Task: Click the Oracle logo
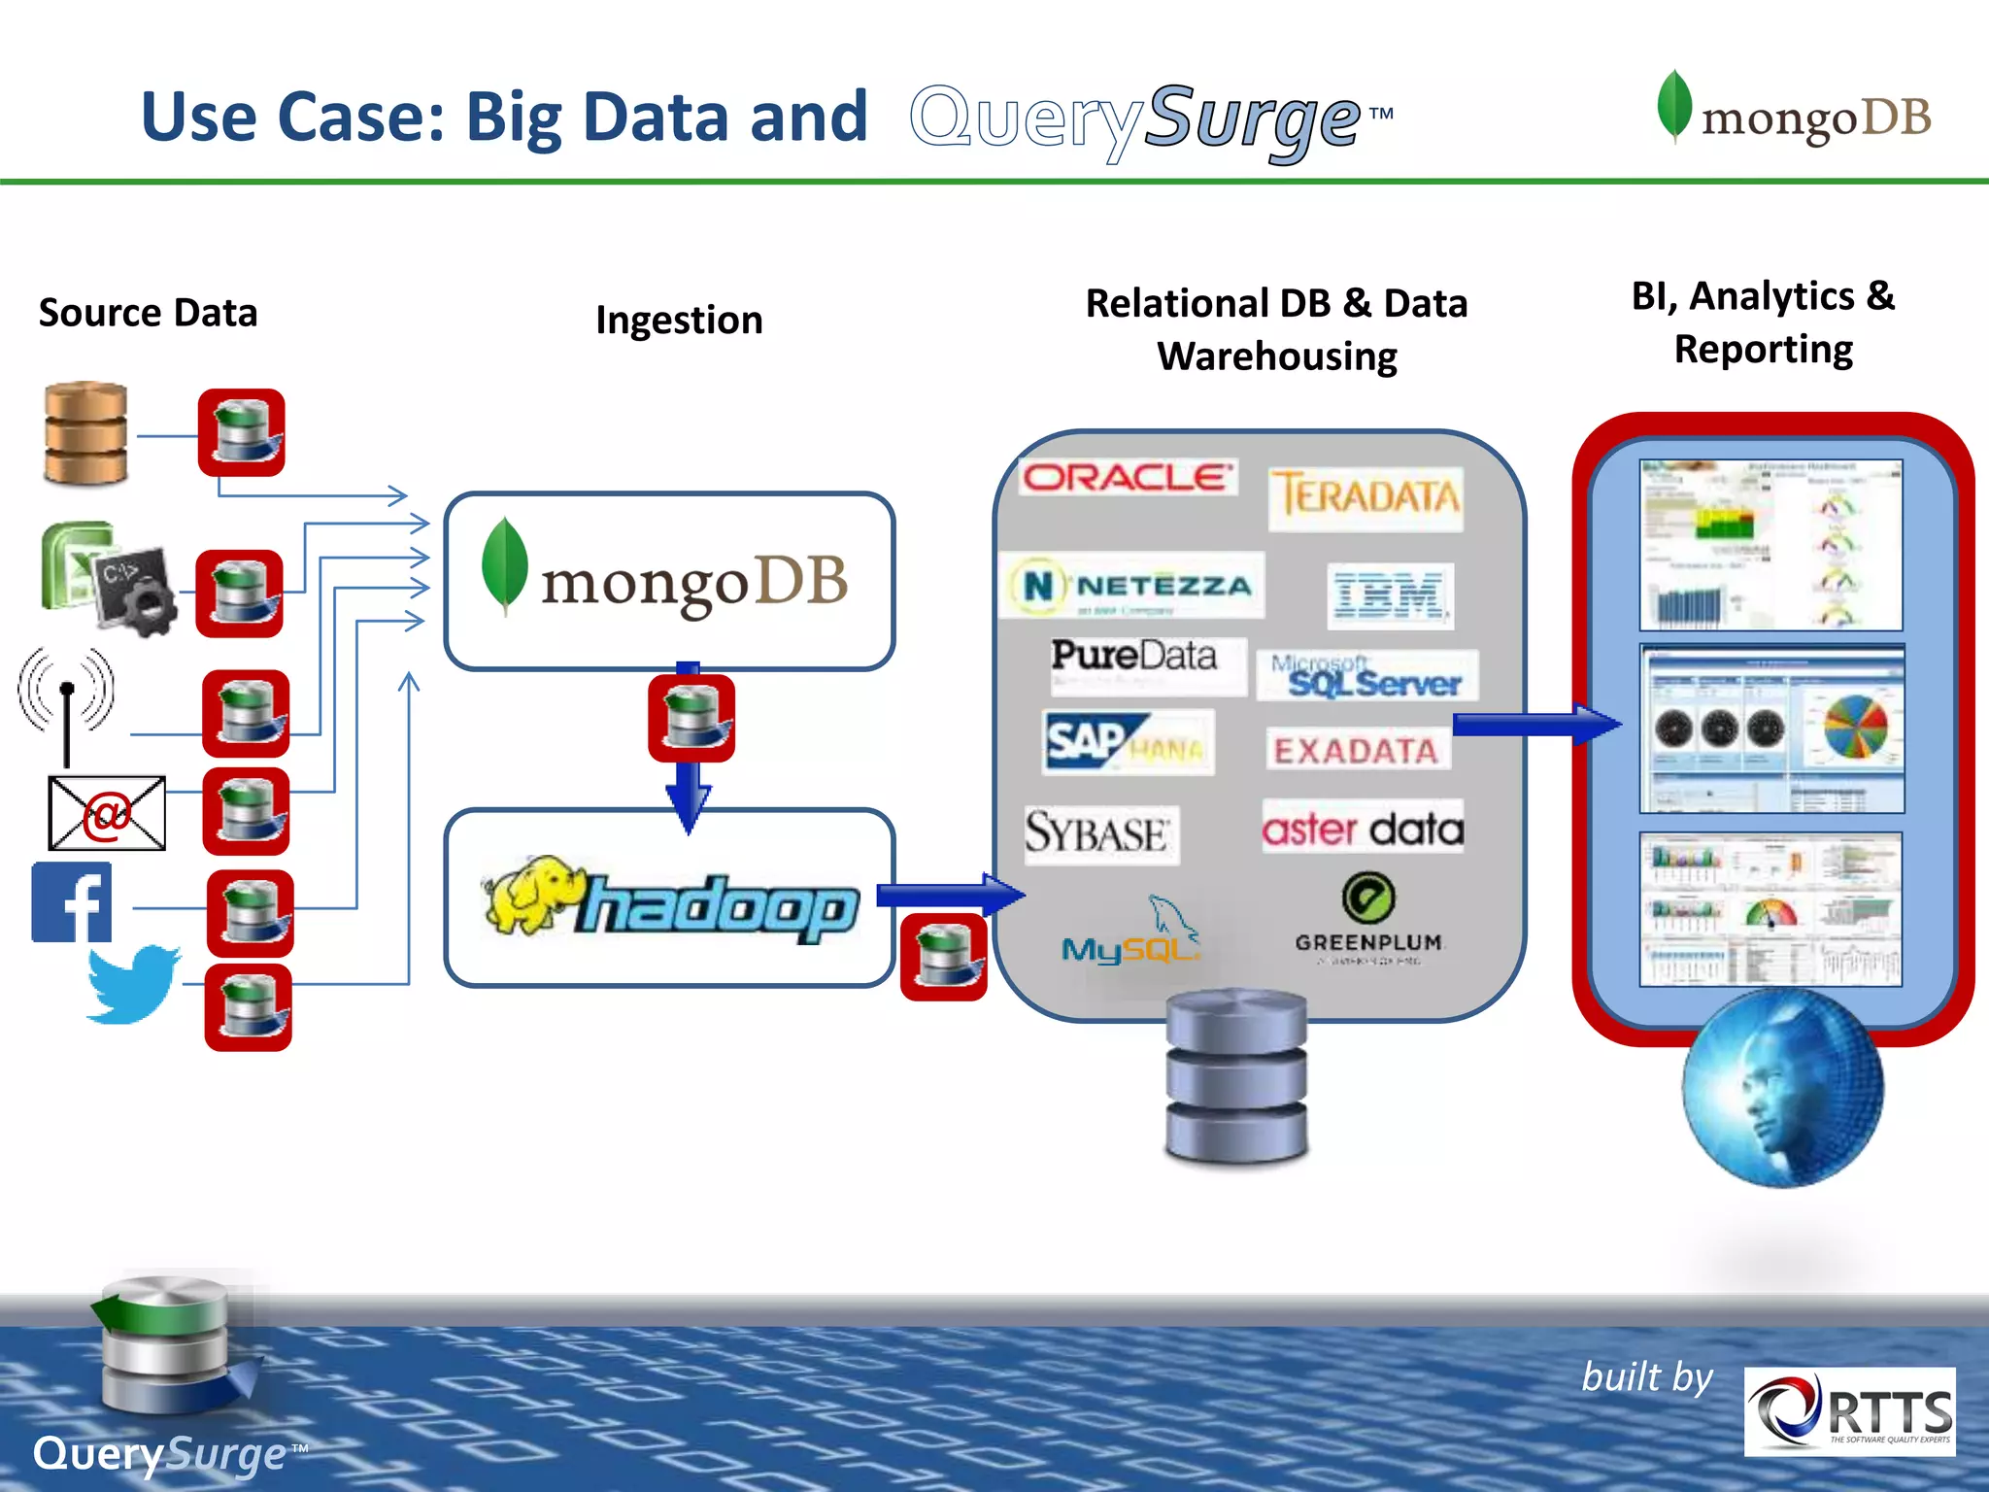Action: pyautogui.click(x=1128, y=477)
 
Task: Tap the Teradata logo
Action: pyautogui.click(x=1365, y=497)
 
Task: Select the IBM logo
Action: pyautogui.click(x=1389, y=595)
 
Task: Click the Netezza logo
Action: pyautogui.click(x=1132, y=586)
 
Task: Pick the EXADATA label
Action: pyautogui.click(x=1356, y=750)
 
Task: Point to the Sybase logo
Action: pyautogui.click(x=1098, y=833)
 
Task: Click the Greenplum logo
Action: pyautogui.click(x=1368, y=918)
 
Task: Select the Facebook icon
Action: pyautogui.click(x=72, y=902)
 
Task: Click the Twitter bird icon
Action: pyautogui.click(x=133, y=983)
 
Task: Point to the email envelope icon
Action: pyautogui.click(x=107, y=813)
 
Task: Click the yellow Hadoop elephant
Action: pyautogui.click(x=529, y=894)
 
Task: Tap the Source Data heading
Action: pyautogui.click(x=148, y=313)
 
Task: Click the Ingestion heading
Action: pyautogui.click(x=679, y=320)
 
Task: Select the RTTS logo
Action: pyautogui.click(x=1849, y=1411)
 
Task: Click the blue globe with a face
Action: pyautogui.click(x=1782, y=1089)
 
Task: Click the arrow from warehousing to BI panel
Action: pyautogui.click(x=1535, y=724)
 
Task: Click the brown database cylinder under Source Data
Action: pyautogui.click(x=85, y=433)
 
